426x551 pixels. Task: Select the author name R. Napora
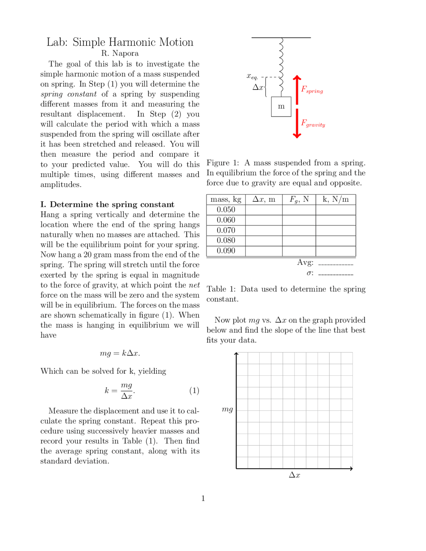(120, 53)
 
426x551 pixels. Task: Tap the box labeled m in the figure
(281, 106)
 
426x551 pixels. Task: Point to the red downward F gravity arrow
(297, 123)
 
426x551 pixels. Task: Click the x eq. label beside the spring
(252, 76)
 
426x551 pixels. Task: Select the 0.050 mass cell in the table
(226, 210)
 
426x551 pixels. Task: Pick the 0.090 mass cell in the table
(226, 251)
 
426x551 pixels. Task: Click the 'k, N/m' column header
(335, 199)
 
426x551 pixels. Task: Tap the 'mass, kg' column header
(226, 199)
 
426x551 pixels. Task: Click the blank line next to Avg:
(335, 264)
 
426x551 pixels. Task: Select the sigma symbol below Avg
(310, 273)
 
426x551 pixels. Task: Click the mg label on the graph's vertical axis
(227, 409)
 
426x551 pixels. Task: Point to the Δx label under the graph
(295, 475)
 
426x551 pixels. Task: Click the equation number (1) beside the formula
(194, 390)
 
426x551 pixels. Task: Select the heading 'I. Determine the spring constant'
(107, 204)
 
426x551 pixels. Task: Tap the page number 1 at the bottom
(203, 498)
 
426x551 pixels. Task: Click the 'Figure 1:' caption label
(222, 163)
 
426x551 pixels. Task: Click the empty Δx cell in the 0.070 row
(264, 230)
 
